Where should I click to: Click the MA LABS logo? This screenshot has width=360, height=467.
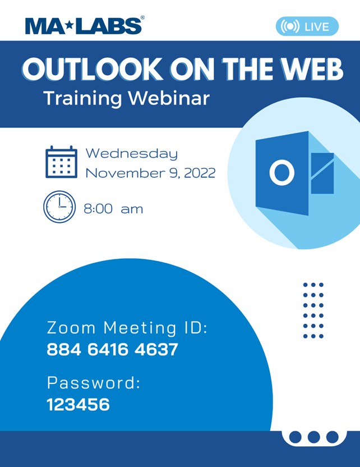tap(85, 26)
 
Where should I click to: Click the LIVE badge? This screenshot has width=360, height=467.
tap(307, 26)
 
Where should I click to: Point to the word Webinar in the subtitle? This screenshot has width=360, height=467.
tap(169, 98)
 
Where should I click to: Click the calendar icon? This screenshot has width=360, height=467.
tap(61, 162)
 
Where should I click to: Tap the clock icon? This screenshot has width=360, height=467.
tap(59, 207)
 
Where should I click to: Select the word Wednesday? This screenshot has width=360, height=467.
tap(132, 154)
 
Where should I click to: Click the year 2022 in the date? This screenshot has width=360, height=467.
tap(200, 173)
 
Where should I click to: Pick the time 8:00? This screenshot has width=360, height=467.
tap(98, 209)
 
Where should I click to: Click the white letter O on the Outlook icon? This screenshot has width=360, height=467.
tap(282, 172)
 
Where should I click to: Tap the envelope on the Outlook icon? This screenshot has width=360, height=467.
tap(322, 173)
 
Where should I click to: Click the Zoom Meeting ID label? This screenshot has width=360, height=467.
tap(127, 328)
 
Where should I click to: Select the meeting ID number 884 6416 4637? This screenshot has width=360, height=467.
tap(113, 349)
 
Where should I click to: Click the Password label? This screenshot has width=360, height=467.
tap(94, 382)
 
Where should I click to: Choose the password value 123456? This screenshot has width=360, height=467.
tap(79, 405)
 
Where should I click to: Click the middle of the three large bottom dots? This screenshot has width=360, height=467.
tap(313, 437)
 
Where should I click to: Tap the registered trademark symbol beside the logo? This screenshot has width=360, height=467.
tap(142, 17)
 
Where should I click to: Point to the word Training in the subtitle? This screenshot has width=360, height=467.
tap(82, 98)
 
